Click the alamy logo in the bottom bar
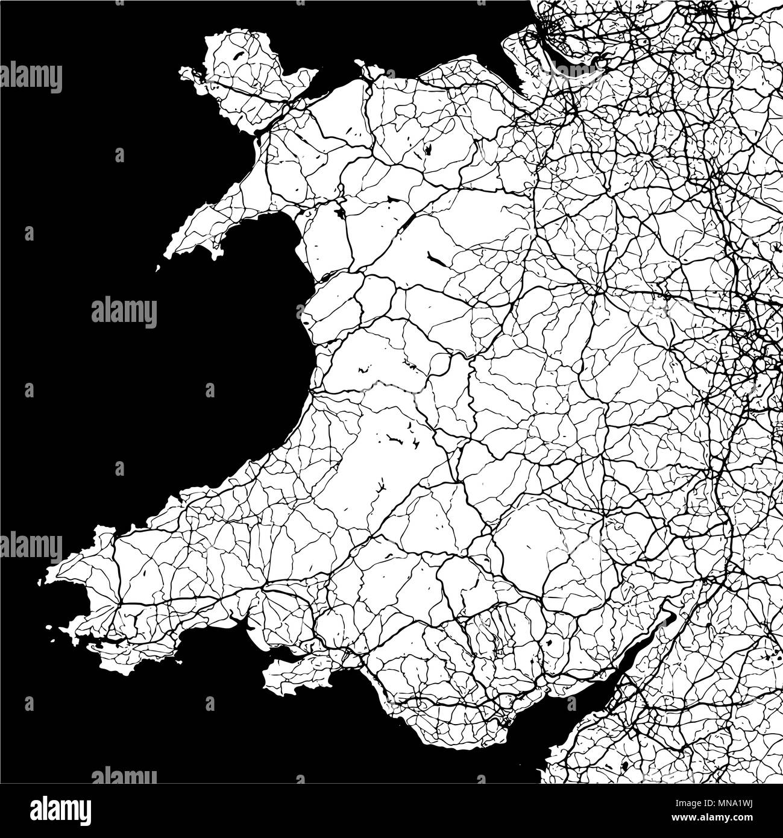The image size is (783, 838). point(60,809)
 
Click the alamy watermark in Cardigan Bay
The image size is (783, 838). point(124,312)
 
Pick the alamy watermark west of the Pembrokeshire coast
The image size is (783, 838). point(31,546)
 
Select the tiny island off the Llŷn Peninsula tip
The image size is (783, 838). point(158,268)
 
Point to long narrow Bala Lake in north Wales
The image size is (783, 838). point(435,260)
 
